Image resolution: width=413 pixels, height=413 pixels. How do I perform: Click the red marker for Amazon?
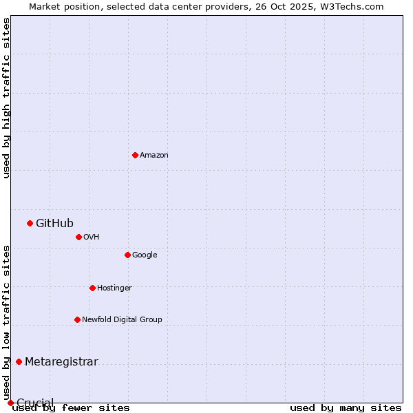tap(135, 155)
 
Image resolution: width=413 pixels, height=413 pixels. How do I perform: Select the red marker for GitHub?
tap(30, 223)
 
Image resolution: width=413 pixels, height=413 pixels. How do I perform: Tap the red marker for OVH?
tap(78, 237)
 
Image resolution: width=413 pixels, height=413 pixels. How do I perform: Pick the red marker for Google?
tap(127, 255)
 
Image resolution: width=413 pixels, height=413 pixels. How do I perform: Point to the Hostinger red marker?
tap(92, 288)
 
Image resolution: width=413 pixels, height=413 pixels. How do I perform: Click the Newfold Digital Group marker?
tap(77, 319)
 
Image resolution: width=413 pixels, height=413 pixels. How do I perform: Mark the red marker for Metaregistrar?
tap(19, 362)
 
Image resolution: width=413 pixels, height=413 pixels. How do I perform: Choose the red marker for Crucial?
tap(10, 403)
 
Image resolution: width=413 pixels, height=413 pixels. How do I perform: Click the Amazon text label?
tap(154, 155)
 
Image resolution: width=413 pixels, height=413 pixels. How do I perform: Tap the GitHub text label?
tap(54, 223)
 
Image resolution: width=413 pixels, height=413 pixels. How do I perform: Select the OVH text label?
tap(92, 237)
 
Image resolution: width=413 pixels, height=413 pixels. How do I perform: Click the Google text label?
tap(145, 255)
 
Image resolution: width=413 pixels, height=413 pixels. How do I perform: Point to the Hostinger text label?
tap(114, 288)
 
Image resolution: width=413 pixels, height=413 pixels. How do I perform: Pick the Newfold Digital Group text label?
tap(122, 319)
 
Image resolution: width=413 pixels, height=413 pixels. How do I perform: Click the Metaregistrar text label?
tap(61, 362)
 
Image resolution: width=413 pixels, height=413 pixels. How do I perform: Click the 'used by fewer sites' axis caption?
tap(71, 408)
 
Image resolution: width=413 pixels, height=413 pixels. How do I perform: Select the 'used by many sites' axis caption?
tap(346, 408)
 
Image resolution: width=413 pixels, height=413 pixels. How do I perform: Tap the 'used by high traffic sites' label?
tap(6, 98)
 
